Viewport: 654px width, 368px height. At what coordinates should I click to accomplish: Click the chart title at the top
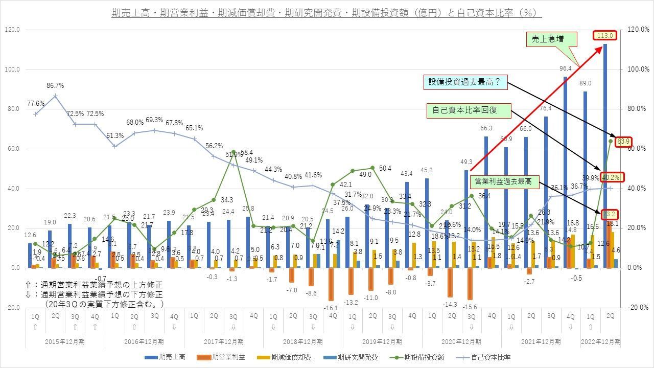(326, 13)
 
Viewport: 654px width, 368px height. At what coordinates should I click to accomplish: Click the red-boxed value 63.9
(624, 142)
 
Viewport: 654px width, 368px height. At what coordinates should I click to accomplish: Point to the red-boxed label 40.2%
(611, 177)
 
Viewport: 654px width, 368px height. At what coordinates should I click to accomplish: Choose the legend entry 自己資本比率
(485, 358)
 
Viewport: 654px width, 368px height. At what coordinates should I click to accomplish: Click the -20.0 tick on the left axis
(12, 308)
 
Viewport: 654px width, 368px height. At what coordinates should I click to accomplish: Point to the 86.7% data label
(55, 85)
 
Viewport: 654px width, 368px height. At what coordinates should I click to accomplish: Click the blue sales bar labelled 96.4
(566, 169)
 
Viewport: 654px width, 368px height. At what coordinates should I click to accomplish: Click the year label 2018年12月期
(303, 341)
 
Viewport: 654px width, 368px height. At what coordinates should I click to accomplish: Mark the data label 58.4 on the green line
(247, 152)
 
